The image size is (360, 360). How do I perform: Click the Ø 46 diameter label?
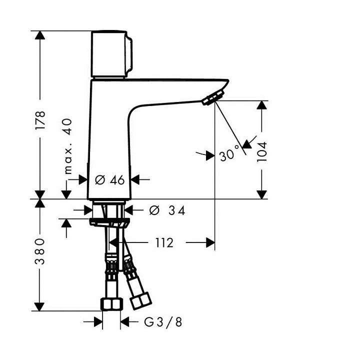109,180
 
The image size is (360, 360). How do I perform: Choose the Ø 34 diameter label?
167,210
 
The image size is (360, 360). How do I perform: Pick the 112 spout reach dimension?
164,243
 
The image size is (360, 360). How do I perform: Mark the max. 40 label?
68,146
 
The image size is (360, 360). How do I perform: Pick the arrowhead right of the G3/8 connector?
125,322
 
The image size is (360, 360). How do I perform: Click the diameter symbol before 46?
99,180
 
